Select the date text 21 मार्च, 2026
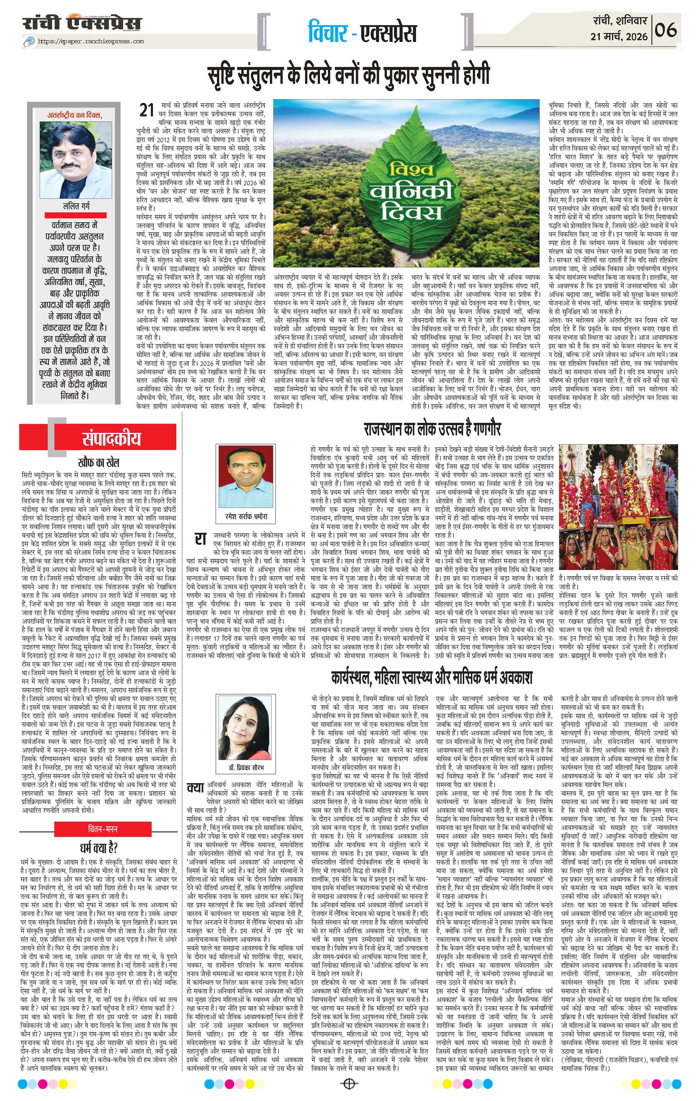coord(619,36)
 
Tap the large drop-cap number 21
coord(146,110)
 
